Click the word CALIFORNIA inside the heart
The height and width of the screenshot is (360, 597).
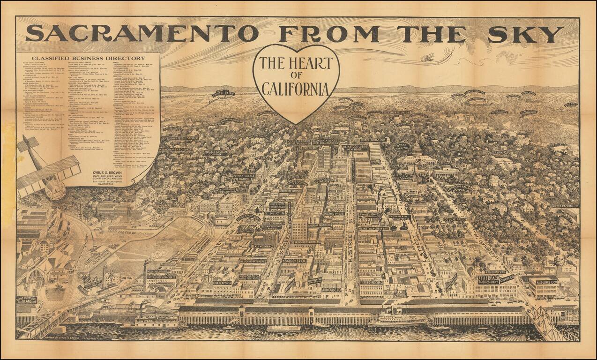295,89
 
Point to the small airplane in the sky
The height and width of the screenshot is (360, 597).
427,58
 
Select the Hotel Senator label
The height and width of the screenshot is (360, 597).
373,140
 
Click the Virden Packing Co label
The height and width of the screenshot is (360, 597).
566,206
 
